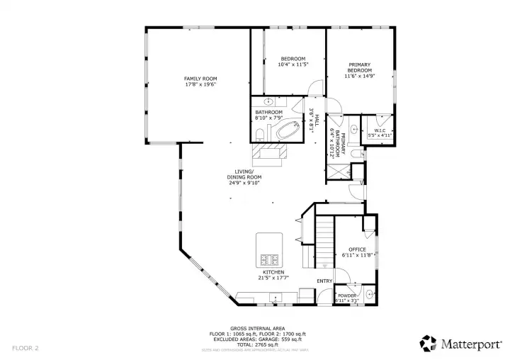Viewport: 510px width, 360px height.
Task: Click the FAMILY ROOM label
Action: [200, 78]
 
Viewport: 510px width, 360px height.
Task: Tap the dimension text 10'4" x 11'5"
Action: [293, 64]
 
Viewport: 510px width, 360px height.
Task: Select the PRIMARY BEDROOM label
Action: [359, 67]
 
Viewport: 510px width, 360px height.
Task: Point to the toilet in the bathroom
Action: [259, 133]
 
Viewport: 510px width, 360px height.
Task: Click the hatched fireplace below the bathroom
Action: [270, 153]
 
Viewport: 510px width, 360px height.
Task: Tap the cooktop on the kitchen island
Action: [270, 259]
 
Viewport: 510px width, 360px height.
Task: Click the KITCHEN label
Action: [273, 272]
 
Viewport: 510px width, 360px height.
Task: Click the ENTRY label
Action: [324, 281]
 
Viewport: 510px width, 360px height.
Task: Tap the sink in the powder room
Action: [370, 293]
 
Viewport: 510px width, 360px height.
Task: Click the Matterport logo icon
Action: [427, 343]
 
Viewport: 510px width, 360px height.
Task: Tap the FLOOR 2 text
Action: [25, 348]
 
